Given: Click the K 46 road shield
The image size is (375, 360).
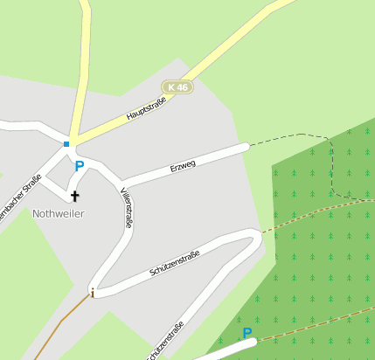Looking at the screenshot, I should point(177,87).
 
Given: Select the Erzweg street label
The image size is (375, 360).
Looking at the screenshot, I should point(183,164).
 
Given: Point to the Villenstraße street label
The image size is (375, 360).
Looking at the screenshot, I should point(128,208).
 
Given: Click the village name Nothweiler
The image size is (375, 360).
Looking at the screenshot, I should point(59,213).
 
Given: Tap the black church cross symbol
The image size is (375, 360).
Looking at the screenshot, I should point(74,196).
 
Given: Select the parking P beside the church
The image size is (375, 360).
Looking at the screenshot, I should point(80,166).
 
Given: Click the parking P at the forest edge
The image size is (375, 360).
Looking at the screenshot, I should point(247,333).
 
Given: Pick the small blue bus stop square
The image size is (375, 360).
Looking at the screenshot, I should point(66,143).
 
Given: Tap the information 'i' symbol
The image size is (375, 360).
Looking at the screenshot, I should point(92,293).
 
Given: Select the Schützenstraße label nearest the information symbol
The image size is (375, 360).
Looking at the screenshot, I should point(175,263).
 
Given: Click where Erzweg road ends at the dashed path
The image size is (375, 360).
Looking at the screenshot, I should point(247,146).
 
